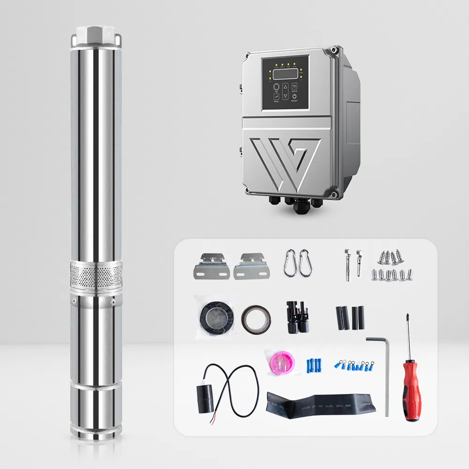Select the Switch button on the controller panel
(x=294, y=87)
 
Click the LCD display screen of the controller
(x=286, y=74)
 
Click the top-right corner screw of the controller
(x=334, y=49)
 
